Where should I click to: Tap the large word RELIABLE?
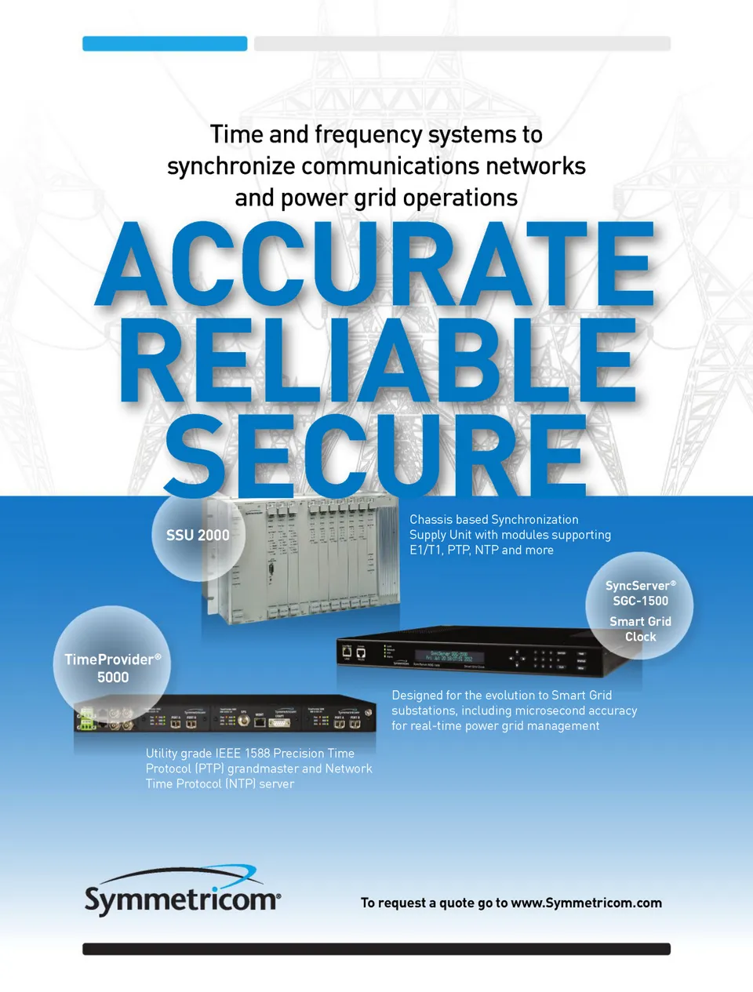tap(376, 363)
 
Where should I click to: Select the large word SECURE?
tap(375, 456)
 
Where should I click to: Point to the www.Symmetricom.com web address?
tap(586, 903)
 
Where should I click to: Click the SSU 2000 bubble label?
tap(198, 536)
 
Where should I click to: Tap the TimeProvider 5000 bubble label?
tap(112, 668)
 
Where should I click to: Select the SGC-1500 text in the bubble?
tap(641, 601)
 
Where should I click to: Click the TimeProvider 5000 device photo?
tap(227, 713)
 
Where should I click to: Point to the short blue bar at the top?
tap(165, 44)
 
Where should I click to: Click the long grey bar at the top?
tap(462, 44)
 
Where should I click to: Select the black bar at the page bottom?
tap(376, 949)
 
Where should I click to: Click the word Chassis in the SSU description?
tap(431, 520)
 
